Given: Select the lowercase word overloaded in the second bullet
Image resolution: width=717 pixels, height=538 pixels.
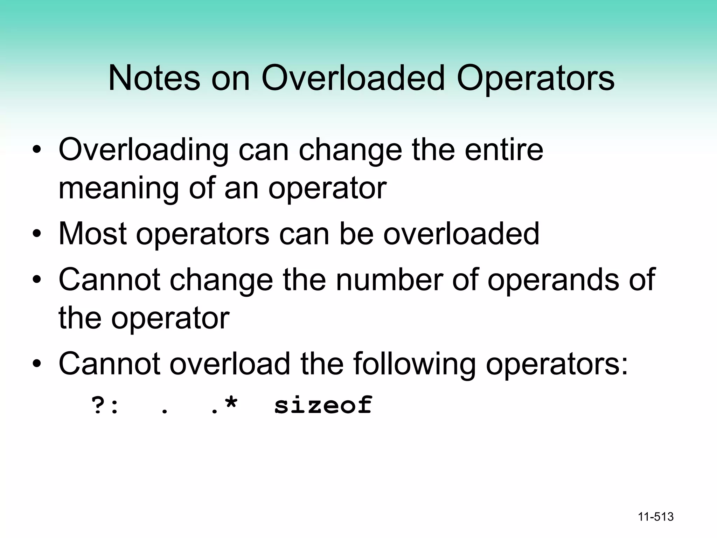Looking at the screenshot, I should [x=461, y=234].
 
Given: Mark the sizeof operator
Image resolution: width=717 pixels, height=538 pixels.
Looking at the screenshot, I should [x=323, y=405].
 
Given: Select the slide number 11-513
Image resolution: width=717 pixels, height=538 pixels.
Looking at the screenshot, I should [x=656, y=517].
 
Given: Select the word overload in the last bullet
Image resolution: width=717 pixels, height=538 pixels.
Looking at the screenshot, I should [x=230, y=364].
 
